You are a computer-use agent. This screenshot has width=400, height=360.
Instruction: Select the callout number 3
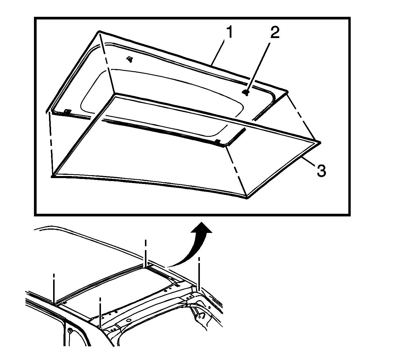(321, 170)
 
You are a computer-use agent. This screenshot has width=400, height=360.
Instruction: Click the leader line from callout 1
(218, 52)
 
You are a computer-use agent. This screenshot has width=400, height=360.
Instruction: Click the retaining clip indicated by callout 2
(246, 93)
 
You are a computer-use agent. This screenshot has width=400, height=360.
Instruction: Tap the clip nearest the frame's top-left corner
(130, 59)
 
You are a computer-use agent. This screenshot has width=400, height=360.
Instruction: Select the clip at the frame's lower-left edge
(68, 112)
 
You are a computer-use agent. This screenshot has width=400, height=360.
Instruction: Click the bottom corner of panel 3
(247, 198)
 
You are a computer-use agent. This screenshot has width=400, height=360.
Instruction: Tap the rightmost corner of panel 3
(320, 142)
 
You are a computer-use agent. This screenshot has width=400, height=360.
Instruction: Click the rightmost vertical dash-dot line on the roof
(199, 274)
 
